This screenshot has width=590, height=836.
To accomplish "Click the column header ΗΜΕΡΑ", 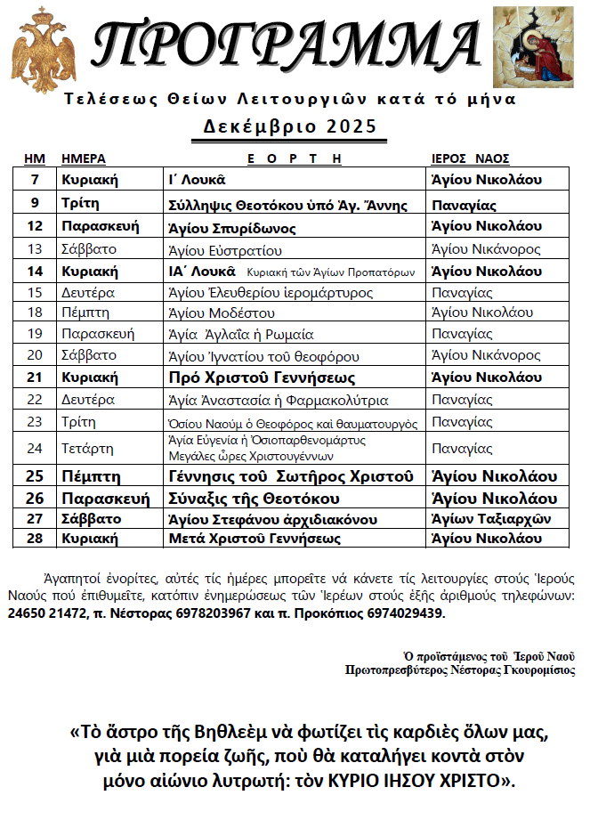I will [x=83, y=158].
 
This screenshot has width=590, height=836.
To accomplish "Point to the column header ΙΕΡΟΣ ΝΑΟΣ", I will [x=470, y=158].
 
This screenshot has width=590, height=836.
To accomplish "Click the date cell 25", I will [x=35, y=475].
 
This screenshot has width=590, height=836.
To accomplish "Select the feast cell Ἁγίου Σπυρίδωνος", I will [x=232, y=227].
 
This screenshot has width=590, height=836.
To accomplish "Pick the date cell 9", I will [x=35, y=204].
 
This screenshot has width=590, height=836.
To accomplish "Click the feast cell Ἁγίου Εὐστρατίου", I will [x=224, y=249].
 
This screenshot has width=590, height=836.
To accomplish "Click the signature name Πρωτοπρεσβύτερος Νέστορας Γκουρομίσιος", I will [x=460, y=670].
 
